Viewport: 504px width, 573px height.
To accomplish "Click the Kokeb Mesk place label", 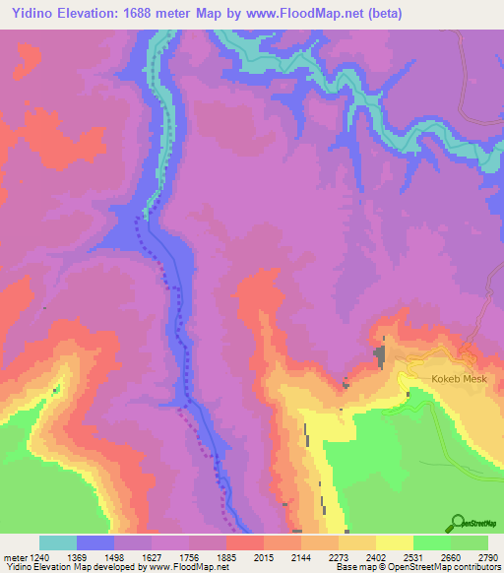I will [x=454, y=377].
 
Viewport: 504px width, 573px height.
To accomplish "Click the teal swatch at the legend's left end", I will [x=58, y=542].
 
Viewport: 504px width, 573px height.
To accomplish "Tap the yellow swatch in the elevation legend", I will [x=395, y=542].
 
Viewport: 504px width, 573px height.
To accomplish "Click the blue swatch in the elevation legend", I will [x=95, y=542].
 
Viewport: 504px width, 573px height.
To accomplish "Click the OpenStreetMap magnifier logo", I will [x=459, y=524].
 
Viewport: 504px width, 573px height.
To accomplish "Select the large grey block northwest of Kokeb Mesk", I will [x=380, y=354].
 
